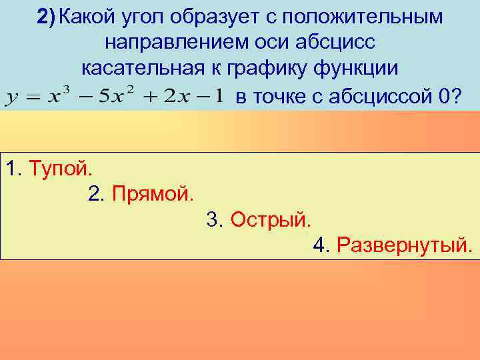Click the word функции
click(360, 69)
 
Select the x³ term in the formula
click(59, 97)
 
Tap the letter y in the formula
click(11, 99)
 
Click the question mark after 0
click(456, 97)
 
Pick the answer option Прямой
click(153, 194)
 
